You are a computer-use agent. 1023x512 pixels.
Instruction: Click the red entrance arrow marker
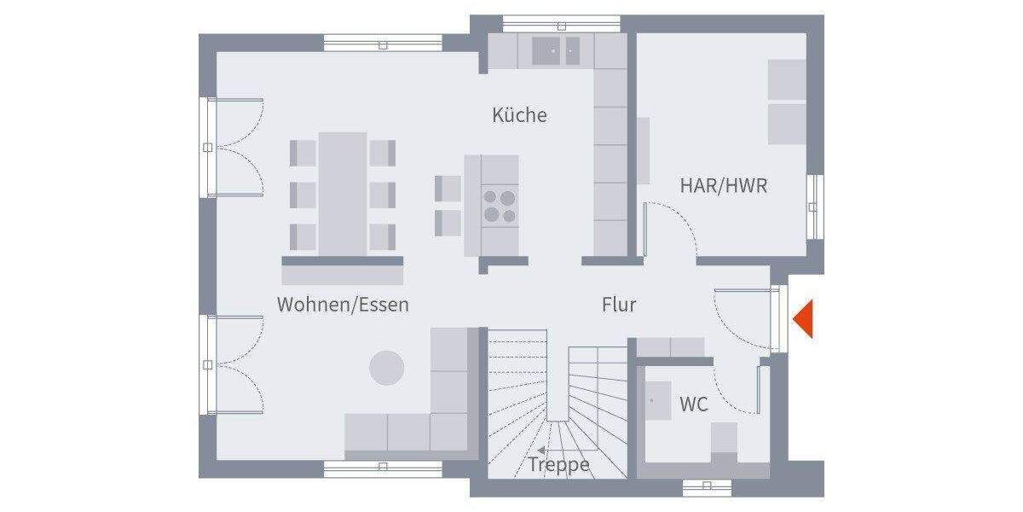click(x=804, y=320)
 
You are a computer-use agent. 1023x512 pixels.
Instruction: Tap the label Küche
click(x=519, y=115)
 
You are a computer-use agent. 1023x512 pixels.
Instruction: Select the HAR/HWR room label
click(x=723, y=185)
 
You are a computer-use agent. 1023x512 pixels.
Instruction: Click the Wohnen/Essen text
click(x=343, y=305)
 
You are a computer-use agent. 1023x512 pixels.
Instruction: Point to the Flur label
click(x=619, y=305)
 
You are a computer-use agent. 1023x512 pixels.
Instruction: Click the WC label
click(x=694, y=404)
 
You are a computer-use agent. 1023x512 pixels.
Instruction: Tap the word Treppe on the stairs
click(x=559, y=465)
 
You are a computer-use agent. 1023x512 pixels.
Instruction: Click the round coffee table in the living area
click(x=387, y=368)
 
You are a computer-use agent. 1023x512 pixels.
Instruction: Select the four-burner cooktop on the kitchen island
click(x=500, y=206)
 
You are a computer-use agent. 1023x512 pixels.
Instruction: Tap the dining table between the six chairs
click(x=343, y=194)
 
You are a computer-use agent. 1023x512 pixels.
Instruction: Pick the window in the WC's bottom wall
click(x=707, y=486)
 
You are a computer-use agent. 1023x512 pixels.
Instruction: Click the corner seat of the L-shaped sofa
click(x=448, y=431)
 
